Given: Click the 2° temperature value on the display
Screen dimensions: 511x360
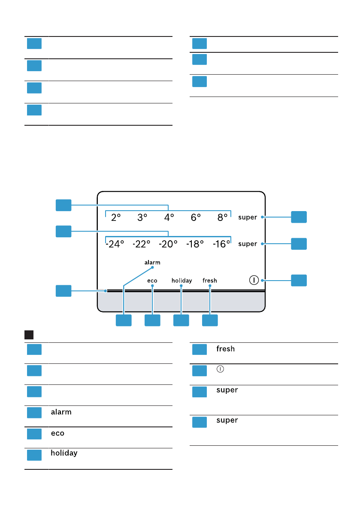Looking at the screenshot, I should coord(116,218).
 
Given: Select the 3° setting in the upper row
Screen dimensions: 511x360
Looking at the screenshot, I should coord(142,218).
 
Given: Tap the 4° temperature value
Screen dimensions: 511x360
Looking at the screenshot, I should coord(169,218).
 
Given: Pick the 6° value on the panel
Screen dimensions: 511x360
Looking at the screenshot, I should coord(196,218).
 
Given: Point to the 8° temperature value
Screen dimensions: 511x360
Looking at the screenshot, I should coord(222,218).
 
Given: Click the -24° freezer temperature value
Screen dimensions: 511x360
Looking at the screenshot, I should coord(115,244).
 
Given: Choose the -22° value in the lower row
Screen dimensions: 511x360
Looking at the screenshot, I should coord(142,244).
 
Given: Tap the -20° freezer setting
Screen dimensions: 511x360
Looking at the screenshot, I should coord(168,244).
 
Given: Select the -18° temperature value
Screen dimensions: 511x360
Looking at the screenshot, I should coord(195,244).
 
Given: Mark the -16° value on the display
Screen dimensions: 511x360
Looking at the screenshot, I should coord(221,244).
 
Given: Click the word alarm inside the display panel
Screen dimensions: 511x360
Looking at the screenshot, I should coord(152,262).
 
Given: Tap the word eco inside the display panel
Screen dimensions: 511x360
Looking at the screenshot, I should coord(152,281).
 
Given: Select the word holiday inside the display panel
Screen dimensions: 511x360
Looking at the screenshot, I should coord(182,281).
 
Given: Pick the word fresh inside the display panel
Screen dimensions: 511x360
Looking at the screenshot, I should coord(210,281).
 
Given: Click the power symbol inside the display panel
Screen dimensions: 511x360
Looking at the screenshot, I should coord(254,280).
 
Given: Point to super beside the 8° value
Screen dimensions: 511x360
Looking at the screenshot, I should coord(248,218).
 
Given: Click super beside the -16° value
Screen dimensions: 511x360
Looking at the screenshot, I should coord(248,244).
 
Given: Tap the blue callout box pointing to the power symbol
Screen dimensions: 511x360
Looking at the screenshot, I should coord(299,280).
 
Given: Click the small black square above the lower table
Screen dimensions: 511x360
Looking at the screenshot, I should coord(29,334).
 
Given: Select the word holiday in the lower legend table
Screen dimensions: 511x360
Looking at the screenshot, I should coord(64,453).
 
